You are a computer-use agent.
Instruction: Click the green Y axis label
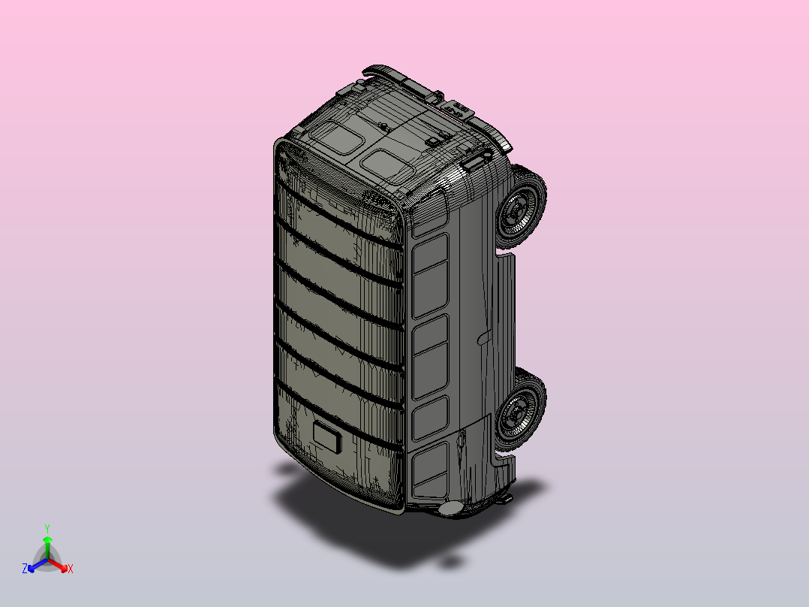tap(47, 528)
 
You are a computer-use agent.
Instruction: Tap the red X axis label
tap(71, 569)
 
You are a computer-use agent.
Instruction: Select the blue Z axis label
tap(25, 569)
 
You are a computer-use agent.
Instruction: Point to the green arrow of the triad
tap(47, 547)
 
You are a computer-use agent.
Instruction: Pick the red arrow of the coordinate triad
tap(58, 565)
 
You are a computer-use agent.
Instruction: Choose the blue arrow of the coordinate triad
tap(38, 565)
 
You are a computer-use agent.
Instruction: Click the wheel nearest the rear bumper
tap(521, 206)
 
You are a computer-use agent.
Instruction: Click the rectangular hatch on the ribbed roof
tap(327, 436)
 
